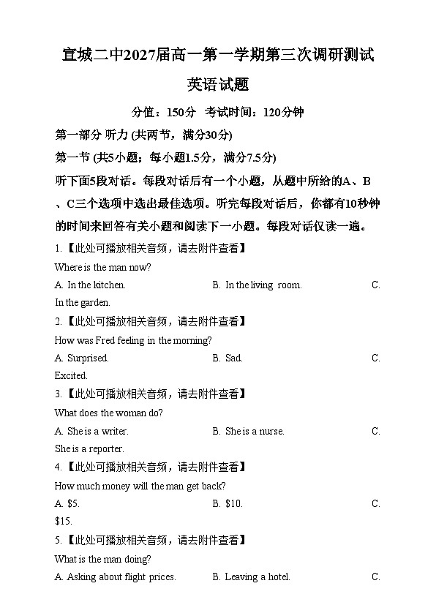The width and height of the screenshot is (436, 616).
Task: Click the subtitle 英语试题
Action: click(x=217, y=85)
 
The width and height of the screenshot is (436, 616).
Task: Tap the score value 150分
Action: click(x=181, y=113)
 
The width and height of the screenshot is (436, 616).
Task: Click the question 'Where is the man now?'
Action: click(x=102, y=267)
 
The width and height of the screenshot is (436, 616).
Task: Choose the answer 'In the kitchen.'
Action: click(x=96, y=285)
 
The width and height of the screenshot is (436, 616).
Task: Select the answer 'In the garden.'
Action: click(x=83, y=303)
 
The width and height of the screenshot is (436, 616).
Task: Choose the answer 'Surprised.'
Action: click(x=88, y=358)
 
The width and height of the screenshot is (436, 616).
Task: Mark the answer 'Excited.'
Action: click(x=71, y=376)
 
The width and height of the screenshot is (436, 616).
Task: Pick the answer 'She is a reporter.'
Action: click(x=89, y=449)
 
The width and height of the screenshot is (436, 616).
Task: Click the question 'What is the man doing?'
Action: click(x=103, y=559)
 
